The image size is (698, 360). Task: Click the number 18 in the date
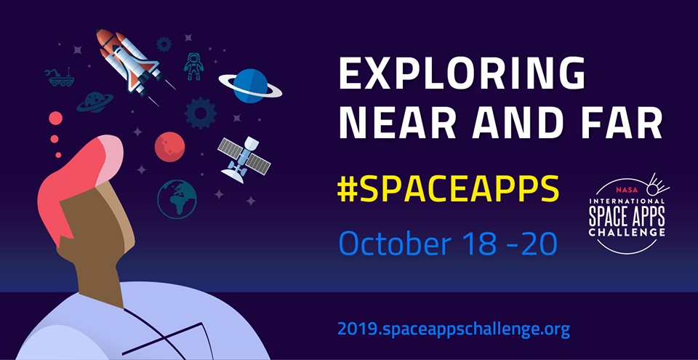pos(489,243)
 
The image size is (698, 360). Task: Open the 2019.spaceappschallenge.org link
pos(454,329)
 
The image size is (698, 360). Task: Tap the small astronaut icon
pos(193,65)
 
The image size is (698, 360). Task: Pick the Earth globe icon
pos(177,199)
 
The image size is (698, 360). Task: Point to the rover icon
pos(60,76)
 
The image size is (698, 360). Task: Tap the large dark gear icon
pos(201,113)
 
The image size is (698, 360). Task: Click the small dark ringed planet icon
pos(95,102)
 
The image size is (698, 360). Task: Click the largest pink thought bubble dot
pos(55,119)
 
